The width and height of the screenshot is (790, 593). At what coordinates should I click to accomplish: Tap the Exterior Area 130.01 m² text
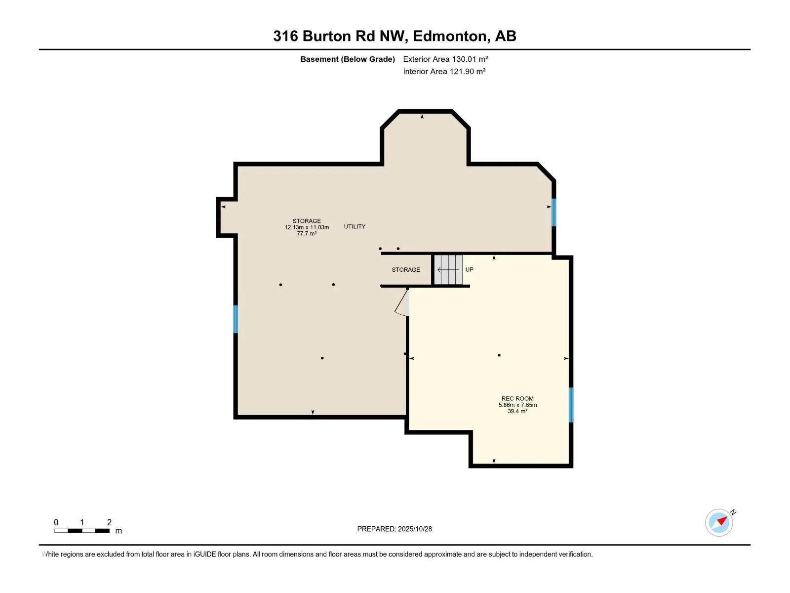[x=445, y=59]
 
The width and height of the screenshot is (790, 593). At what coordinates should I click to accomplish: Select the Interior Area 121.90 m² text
[x=444, y=71]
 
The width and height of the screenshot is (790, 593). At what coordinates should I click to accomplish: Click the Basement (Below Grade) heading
[x=348, y=59]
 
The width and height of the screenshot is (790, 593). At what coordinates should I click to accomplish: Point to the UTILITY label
[x=355, y=226]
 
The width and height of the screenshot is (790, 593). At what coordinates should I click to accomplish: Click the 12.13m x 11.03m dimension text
[x=307, y=227]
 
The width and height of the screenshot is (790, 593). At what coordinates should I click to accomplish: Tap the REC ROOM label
[x=517, y=398]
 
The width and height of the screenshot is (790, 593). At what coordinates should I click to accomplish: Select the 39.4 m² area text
[x=517, y=411]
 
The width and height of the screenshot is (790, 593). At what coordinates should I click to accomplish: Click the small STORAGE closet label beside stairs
[x=406, y=269]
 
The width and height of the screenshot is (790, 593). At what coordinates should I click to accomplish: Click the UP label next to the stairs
[x=469, y=269]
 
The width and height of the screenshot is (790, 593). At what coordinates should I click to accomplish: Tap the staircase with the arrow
[x=448, y=269]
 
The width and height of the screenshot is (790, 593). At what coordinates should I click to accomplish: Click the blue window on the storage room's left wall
[x=236, y=319]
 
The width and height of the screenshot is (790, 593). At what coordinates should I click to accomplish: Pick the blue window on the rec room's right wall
[x=571, y=405]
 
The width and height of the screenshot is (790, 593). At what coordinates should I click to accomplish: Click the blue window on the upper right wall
[x=554, y=212]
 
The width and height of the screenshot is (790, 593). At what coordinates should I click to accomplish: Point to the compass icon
[x=719, y=522]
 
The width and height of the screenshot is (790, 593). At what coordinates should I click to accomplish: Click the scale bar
[x=82, y=531]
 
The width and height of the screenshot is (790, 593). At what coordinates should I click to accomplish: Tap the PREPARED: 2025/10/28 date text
[x=395, y=529]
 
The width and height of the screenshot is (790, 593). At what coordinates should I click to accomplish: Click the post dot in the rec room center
[x=499, y=355]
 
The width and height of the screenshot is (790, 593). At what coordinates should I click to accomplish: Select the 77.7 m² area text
[x=307, y=234]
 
